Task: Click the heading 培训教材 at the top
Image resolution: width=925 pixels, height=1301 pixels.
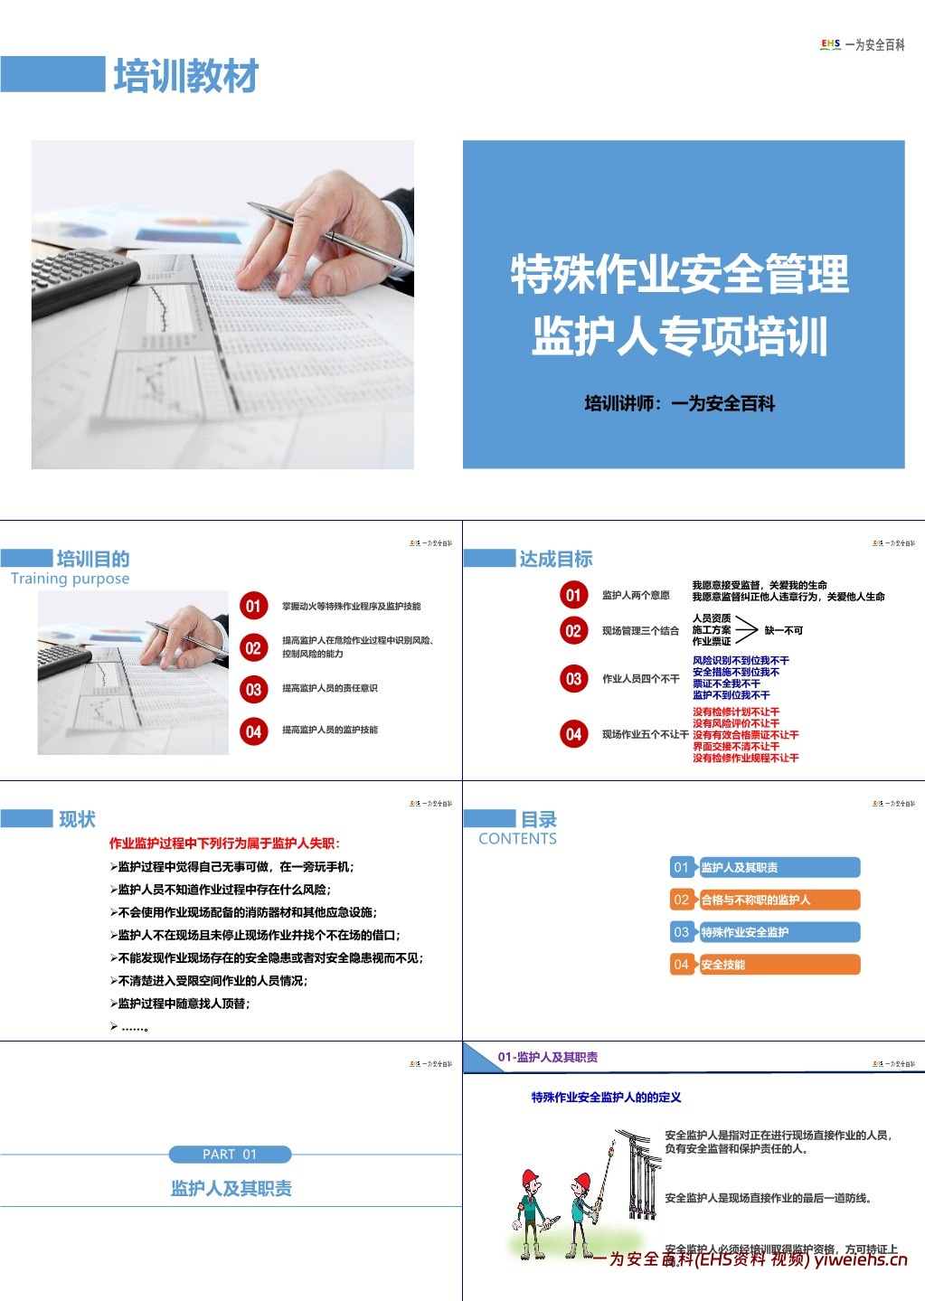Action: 185,76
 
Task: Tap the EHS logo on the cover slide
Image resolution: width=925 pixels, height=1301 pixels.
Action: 830,44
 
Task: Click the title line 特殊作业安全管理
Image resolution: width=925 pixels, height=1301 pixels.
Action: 680,275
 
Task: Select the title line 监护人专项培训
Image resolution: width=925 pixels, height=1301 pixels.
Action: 680,336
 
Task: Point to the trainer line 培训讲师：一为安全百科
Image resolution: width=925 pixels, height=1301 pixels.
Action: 680,404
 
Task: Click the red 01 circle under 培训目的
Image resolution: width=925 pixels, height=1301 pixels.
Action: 253,606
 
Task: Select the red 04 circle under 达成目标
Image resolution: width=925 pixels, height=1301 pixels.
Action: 573,734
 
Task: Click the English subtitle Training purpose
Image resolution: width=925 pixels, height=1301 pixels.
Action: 70,579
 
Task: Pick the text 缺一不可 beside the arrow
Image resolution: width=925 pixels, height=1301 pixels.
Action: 783,630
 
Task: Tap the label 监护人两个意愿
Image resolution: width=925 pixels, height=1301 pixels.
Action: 636,595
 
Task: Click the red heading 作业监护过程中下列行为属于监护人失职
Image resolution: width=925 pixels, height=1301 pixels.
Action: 224,844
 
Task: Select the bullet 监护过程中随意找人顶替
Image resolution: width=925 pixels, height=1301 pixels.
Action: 184,1004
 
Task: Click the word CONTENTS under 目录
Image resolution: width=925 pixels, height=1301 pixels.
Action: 517,839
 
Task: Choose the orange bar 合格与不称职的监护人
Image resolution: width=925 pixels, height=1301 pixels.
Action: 765,900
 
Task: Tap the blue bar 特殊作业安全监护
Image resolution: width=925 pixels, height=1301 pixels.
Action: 765,932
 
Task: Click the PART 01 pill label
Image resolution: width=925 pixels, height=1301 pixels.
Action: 230,1155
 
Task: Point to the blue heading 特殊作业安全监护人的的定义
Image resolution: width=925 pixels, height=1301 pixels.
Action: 606,1098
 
